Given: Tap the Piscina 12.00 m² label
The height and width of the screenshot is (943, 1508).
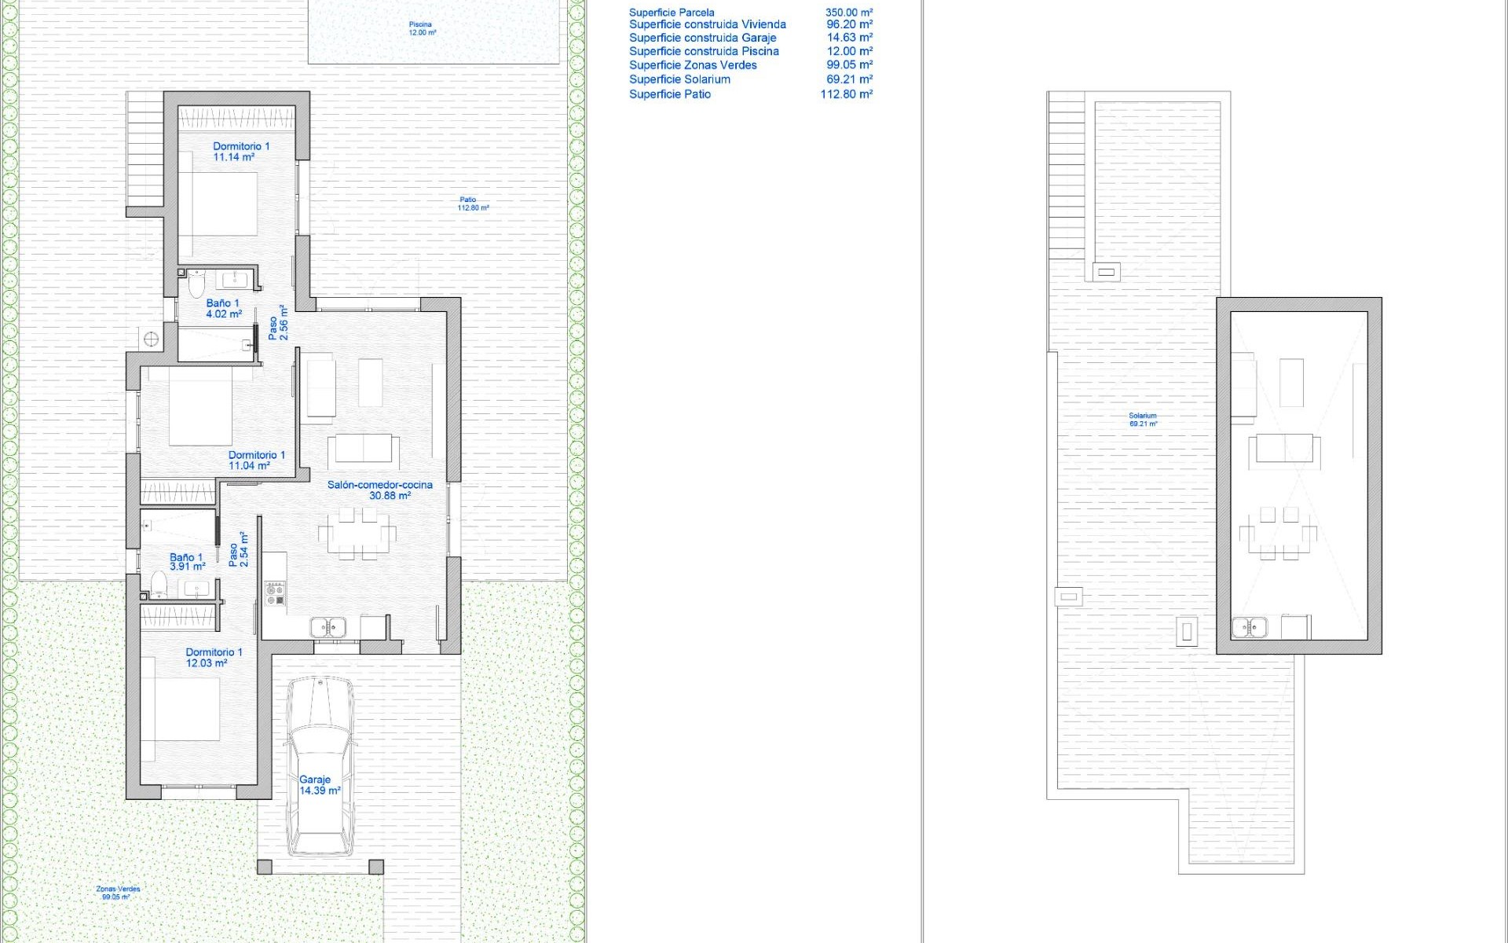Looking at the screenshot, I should point(422,29).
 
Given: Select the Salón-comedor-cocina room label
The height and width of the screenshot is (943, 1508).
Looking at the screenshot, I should point(380,490).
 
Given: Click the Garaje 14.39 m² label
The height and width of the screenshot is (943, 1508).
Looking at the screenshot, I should point(320,785).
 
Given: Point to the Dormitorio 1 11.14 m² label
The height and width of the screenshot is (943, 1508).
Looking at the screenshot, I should point(240,152).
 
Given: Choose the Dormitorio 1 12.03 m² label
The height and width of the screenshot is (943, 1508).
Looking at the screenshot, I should point(213,658).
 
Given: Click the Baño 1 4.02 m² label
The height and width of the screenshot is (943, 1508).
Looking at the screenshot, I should point(223,308).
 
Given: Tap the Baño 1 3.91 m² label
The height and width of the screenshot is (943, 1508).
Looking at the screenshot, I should point(187,561).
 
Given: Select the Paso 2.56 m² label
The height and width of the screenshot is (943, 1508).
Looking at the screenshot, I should point(278,323).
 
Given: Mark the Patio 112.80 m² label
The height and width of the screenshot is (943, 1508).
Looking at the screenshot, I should point(473,204).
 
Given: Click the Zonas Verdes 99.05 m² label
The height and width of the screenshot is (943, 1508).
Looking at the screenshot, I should point(118,893).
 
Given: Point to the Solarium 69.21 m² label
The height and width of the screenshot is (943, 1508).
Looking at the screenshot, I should point(1143,420).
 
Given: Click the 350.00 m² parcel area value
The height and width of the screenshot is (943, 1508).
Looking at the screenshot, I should point(848,13).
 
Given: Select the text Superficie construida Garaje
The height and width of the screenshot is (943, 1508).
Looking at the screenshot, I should point(702,38).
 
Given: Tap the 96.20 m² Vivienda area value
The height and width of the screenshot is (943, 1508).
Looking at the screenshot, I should point(849,24).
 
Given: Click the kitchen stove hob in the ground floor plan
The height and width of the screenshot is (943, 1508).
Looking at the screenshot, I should point(275,593).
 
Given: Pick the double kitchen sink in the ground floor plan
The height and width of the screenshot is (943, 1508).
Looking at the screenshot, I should point(328,627).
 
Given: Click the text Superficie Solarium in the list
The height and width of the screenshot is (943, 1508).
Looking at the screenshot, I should point(679,79).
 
